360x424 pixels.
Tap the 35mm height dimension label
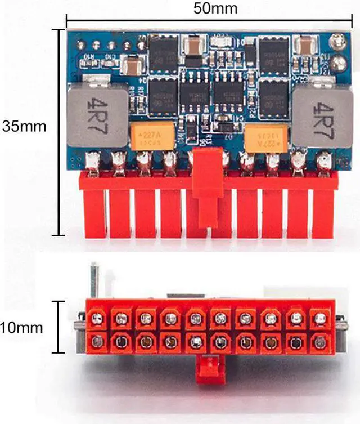pos(24,126)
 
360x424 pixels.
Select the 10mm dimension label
pos(21,328)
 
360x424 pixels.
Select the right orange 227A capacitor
pos(266,137)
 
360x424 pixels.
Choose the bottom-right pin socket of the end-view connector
pos(320,341)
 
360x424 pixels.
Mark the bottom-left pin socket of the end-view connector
pos(97,341)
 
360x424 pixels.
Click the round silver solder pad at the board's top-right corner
pos(337,41)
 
